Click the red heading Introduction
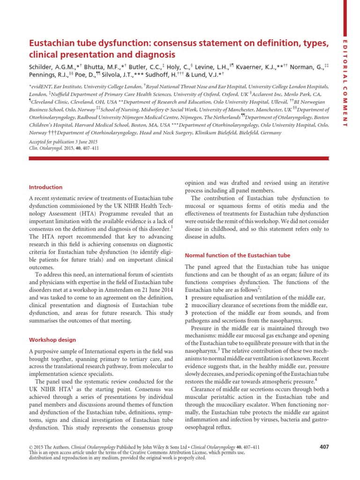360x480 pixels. (x=45, y=187)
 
